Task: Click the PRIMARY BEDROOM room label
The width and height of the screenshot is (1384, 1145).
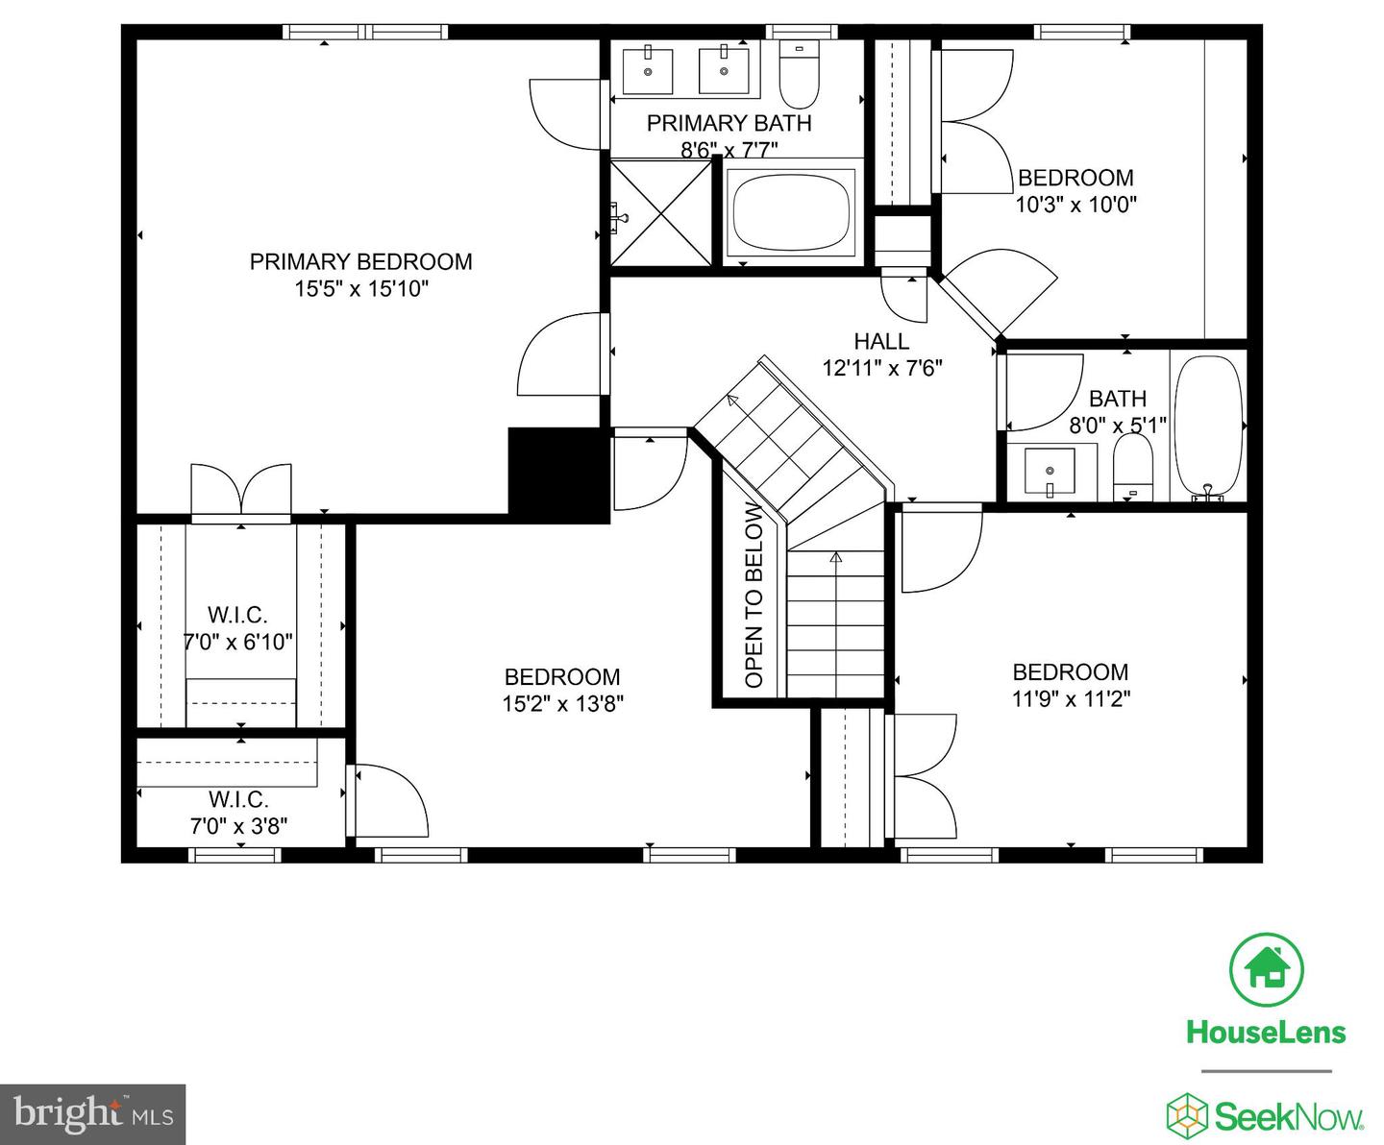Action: tap(360, 261)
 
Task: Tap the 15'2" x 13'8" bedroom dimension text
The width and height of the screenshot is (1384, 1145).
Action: tap(563, 704)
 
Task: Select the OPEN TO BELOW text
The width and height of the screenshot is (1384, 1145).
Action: tap(754, 595)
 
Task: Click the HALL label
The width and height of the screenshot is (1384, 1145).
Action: tap(881, 341)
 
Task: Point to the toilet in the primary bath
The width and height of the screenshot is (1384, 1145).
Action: tap(800, 74)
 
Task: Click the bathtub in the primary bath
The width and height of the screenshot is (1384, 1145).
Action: tap(791, 212)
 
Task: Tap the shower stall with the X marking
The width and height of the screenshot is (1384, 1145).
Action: tap(660, 212)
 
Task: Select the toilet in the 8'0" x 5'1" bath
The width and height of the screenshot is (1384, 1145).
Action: tap(1133, 467)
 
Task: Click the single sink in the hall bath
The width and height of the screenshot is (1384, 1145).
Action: tap(1050, 472)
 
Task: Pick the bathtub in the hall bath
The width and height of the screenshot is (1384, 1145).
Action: tap(1208, 426)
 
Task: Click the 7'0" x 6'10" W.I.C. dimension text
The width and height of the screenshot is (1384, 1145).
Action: tap(238, 642)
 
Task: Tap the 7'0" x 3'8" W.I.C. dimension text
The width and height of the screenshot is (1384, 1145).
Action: tap(238, 826)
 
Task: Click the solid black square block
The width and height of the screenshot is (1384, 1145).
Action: tap(558, 475)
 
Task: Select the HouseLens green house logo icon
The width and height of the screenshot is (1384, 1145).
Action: tap(1267, 969)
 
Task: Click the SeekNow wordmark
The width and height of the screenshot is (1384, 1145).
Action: tap(1289, 1116)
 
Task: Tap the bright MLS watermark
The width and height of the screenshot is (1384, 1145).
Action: tap(93, 1114)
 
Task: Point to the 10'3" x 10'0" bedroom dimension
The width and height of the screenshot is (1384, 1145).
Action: tap(1075, 205)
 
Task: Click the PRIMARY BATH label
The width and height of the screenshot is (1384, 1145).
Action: tap(729, 123)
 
